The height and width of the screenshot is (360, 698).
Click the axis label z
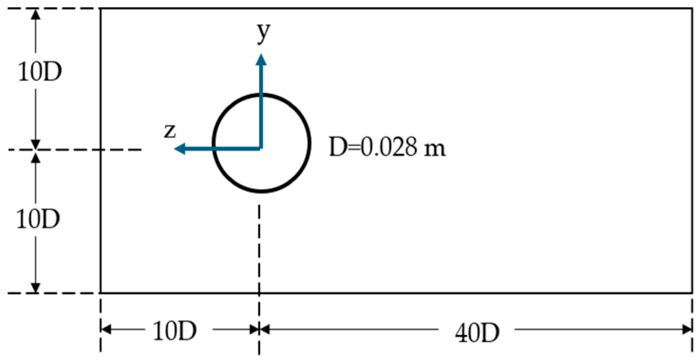point(170,132)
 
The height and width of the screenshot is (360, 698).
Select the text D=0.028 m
point(387,147)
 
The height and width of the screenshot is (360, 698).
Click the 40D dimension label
point(476,333)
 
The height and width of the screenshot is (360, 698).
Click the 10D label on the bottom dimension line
point(174,332)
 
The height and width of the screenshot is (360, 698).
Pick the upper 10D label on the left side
point(39,72)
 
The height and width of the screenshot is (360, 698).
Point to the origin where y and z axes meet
point(261,148)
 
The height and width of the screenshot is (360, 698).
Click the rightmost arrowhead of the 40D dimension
point(688,329)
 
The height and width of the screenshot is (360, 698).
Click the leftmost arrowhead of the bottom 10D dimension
point(106,329)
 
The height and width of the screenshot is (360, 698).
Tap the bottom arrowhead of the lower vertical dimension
point(36,288)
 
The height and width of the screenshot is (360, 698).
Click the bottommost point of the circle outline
point(261,192)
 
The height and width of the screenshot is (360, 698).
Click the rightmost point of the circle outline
point(310,143)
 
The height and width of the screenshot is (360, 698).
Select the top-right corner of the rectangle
point(692,9)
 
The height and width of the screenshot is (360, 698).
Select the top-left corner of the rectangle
point(101,9)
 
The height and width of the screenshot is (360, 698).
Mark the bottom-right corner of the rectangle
point(692,293)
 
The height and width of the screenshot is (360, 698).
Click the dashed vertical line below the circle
point(259,244)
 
